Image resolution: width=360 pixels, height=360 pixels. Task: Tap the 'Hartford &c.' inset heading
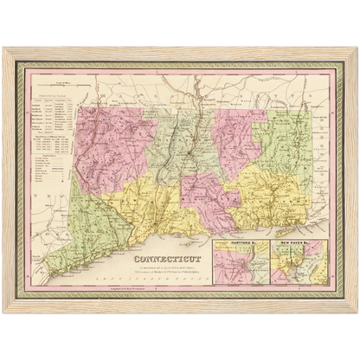[x=235, y=245]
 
